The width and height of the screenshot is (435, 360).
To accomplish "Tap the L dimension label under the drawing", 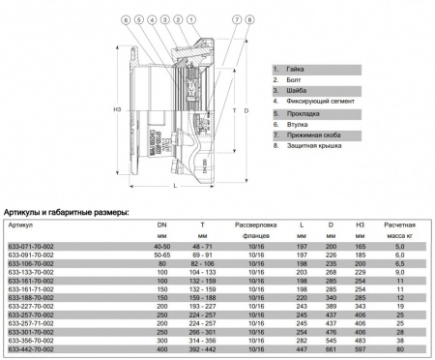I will (x=173, y=185).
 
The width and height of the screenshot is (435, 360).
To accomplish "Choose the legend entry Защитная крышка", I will (x=309, y=144).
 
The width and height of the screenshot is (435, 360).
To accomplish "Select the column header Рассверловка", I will (x=256, y=224).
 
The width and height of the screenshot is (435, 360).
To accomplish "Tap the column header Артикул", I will (x=20, y=224).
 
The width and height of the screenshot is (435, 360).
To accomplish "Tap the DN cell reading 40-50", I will (x=160, y=247).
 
